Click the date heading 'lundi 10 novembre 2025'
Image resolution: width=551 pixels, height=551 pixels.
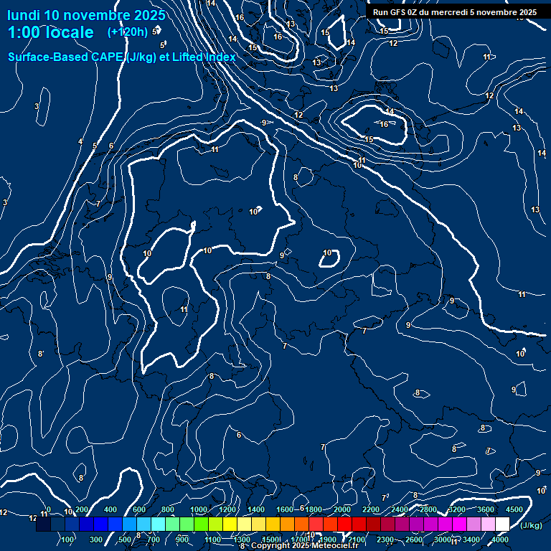click(86, 15)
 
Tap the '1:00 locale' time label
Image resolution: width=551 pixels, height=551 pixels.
click(50, 32)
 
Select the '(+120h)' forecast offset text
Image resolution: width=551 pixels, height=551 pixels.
click(127, 32)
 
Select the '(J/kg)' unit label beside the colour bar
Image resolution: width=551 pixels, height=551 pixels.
click(531, 526)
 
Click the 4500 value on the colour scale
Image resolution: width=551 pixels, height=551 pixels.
click(514, 509)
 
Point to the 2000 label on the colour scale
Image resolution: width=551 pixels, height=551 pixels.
click(342, 509)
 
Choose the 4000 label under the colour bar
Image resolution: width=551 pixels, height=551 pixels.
click(501, 540)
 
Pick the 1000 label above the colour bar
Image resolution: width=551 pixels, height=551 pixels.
click(199, 509)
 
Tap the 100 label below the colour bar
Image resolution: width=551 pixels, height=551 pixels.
click(67, 540)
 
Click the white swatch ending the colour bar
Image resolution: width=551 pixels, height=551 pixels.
click(502, 524)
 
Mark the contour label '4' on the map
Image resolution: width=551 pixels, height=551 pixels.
click(80, 142)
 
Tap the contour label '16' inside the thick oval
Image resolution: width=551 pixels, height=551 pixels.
click(384, 124)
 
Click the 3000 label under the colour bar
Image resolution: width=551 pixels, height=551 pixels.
click(443, 540)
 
